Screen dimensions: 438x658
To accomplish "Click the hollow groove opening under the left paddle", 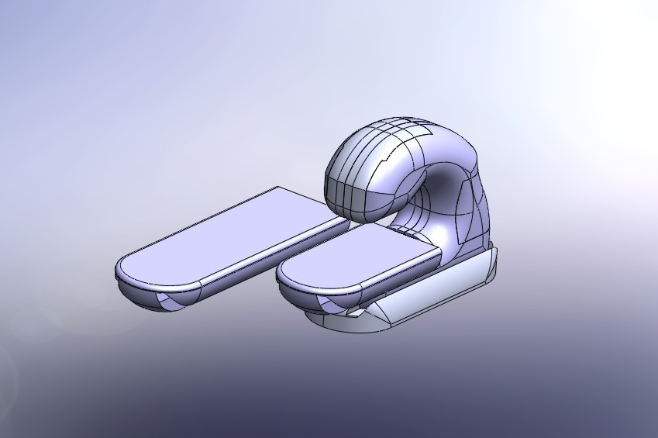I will pyautogui.click(x=172, y=301).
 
